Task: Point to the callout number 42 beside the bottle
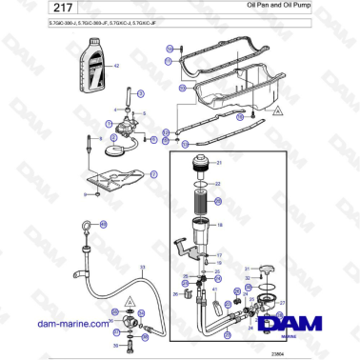(x=116, y=66)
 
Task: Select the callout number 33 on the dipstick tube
(x=143, y=268)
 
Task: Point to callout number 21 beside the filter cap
(x=217, y=164)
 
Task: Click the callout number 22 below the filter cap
(x=217, y=184)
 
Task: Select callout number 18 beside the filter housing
(x=219, y=225)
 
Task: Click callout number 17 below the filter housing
(x=218, y=255)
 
